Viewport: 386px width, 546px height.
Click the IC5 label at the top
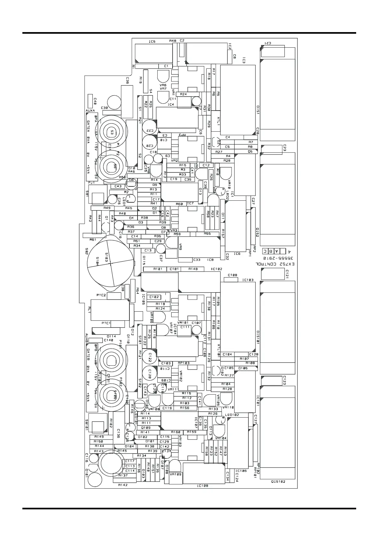pyautogui.click(x=152, y=42)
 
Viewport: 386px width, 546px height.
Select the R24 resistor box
pyautogui.click(x=183, y=94)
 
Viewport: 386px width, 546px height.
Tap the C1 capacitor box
pyautogui.click(x=166, y=66)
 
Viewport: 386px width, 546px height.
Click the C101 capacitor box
pyautogui.click(x=174, y=269)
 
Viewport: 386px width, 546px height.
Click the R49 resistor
pyautogui.click(x=107, y=208)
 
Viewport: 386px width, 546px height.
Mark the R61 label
pyautogui.click(x=93, y=240)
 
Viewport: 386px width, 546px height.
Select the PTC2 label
pyautogui.click(x=101, y=295)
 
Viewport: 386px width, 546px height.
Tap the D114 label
pyautogui.click(x=111, y=336)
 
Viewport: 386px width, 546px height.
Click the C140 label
pyautogui.click(x=108, y=340)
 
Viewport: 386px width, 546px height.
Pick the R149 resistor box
pyautogui.click(x=99, y=437)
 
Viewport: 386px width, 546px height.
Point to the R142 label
pyautogui.click(x=123, y=485)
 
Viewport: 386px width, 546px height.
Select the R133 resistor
pyautogui.click(x=213, y=409)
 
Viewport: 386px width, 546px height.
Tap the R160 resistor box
pyautogui.click(x=175, y=432)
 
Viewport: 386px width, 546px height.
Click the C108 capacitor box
pyautogui.click(x=232, y=275)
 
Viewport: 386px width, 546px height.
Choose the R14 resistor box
pyautogui.click(x=154, y=180)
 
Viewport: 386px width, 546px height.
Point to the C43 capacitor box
pyautogui.click(x=118, y=186)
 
